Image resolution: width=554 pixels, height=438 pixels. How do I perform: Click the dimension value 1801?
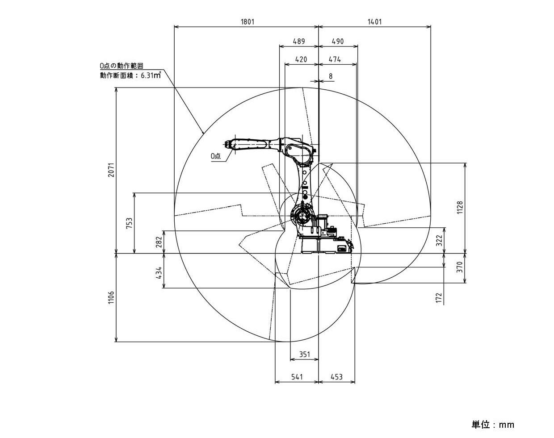coord(248,21)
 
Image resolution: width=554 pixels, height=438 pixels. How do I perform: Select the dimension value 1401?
coord(374,21)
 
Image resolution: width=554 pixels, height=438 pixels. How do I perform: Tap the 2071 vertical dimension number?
coord(111,170)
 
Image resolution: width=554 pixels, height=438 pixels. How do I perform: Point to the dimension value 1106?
coord(111,298)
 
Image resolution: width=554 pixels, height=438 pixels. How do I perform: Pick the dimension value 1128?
coord(460,208)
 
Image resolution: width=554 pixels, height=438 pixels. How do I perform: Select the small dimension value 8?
coord(331,76)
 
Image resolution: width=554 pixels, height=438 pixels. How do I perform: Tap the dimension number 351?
coord(305,355)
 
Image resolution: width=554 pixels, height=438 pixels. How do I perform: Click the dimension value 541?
coord(297,377)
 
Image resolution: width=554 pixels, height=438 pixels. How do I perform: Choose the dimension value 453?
coord(336,377)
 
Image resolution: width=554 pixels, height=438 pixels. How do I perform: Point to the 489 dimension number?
coord(299,41)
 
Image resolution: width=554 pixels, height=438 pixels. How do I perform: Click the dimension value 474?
coord(335,59)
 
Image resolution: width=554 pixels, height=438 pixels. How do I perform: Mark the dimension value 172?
coord(439,298)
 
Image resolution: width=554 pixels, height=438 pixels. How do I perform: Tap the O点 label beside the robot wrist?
coord(216,156)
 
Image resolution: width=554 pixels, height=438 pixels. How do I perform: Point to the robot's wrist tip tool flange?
coord(227,144)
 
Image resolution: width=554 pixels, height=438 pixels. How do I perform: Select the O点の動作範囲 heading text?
coord(122,66)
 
